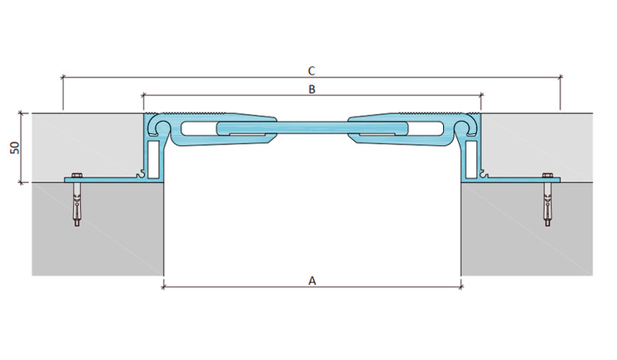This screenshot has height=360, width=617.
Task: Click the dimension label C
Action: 311,71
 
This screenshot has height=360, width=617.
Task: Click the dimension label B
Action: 311,89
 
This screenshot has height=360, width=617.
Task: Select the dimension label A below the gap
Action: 312,281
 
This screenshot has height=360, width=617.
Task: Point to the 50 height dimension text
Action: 15,148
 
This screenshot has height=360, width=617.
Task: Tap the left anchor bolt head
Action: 76,175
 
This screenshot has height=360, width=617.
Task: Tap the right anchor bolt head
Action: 547,175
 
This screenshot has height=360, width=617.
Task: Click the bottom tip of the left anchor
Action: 77,226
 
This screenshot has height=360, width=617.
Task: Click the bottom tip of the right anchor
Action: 547,226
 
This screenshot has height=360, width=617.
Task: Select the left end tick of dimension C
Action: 63,77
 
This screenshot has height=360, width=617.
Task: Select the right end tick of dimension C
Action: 561,77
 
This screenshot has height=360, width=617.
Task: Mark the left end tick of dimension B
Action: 143,94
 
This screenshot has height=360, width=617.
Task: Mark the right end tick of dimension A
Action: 460,287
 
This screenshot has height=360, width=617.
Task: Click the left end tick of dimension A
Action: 163,287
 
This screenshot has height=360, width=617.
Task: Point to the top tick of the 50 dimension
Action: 22,113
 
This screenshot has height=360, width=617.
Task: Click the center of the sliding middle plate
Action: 312,128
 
